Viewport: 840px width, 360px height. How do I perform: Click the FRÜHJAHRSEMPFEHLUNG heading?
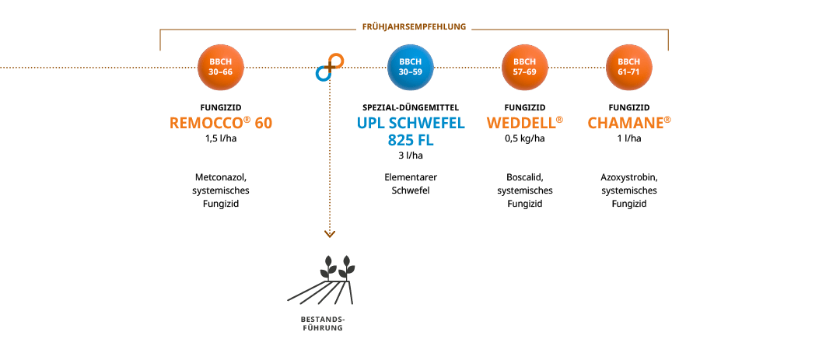pos(414,26)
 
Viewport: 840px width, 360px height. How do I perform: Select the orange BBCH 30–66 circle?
pos(221,68)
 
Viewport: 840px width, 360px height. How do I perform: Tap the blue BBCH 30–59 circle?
pos(411,68)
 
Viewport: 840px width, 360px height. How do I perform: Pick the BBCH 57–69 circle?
pos(524,68)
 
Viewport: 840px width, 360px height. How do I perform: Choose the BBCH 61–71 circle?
pos(629,68)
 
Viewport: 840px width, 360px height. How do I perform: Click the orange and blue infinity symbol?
pos(330,68)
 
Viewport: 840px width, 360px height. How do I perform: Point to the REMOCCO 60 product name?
pos(221,123)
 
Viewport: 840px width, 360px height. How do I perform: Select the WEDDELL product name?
pos(525,123)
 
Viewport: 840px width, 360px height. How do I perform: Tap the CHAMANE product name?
pos(629,123)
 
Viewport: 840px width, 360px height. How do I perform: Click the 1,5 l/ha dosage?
pos(221,138)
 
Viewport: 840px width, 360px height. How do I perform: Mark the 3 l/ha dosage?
pos(411,156)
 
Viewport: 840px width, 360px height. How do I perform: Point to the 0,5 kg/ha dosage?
pos(525,138)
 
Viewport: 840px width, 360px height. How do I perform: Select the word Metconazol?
pos(221,177)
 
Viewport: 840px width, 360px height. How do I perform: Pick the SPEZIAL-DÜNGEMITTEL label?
pos(411,107)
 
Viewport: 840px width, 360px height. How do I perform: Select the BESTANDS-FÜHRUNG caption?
pos(321,323)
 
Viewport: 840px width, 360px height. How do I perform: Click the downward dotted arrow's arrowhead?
pos(330,234)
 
